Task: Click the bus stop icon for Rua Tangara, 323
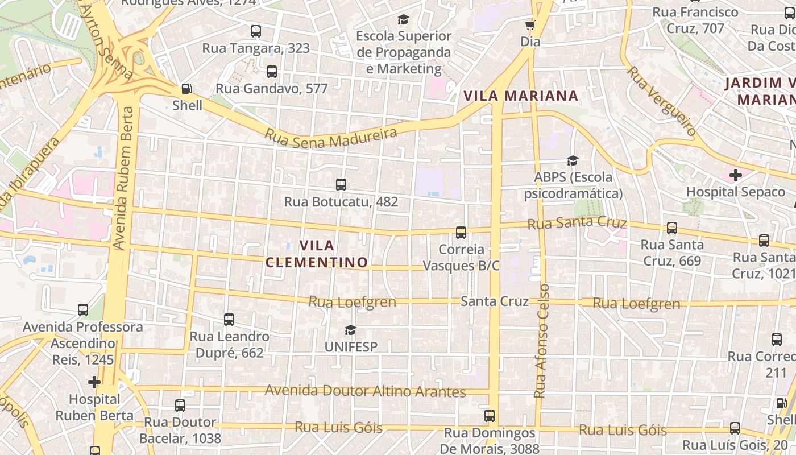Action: pyautogui.click(x=256, y=31)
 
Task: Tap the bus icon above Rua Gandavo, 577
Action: pyautogui.click(x=272, y=72)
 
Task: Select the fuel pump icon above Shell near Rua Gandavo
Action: pyautogui.click(x=186, y=89)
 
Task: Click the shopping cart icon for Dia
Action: pyautogui.click(x=530, y=25)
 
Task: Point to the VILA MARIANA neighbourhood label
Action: pyautogui.click(x=521, y=96)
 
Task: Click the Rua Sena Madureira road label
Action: pyautogui.click(x=331, y=137)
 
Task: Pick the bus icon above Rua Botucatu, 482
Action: pyautogui.click(x=341, y=185)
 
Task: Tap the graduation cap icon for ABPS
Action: pyautogui.click(x=573, y=160)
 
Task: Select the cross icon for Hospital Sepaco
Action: pyautogui.click(x=736, y=175)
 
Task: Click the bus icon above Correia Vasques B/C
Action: pyautogui.click(x=461, y=233)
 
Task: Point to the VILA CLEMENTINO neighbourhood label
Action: pyautogui.click(x=317, y=254)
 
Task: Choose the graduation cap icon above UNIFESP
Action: pyautogui.click(x=350, y=330)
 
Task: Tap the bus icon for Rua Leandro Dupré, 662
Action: pyautogui.click(x=229, y=320)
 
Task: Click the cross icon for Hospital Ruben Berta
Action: pyautogui.click(x=94, y=382)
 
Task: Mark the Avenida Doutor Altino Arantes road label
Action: pyautogui.click(x=365, y=391)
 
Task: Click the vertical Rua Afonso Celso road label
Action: pyautogui.click(x=542, y=341)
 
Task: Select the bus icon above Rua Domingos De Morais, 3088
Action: pyautogui.click(x=490, y=416)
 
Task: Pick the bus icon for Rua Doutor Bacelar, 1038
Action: pyautogui.click(x=180, y=406)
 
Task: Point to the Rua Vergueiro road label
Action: pyautogui.click(x=662, y=101)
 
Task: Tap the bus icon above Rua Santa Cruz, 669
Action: pyautogui.click(x=672, y=228)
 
